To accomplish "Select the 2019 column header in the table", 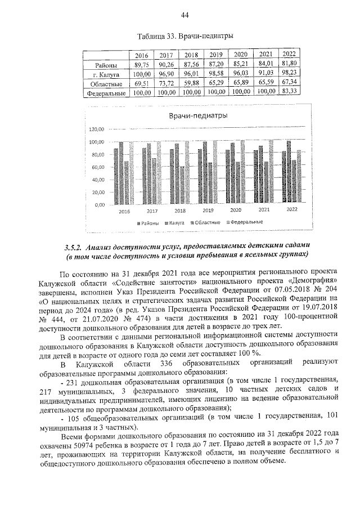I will click(x=215, y=55).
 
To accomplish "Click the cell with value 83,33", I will click(x=290, y=90).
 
